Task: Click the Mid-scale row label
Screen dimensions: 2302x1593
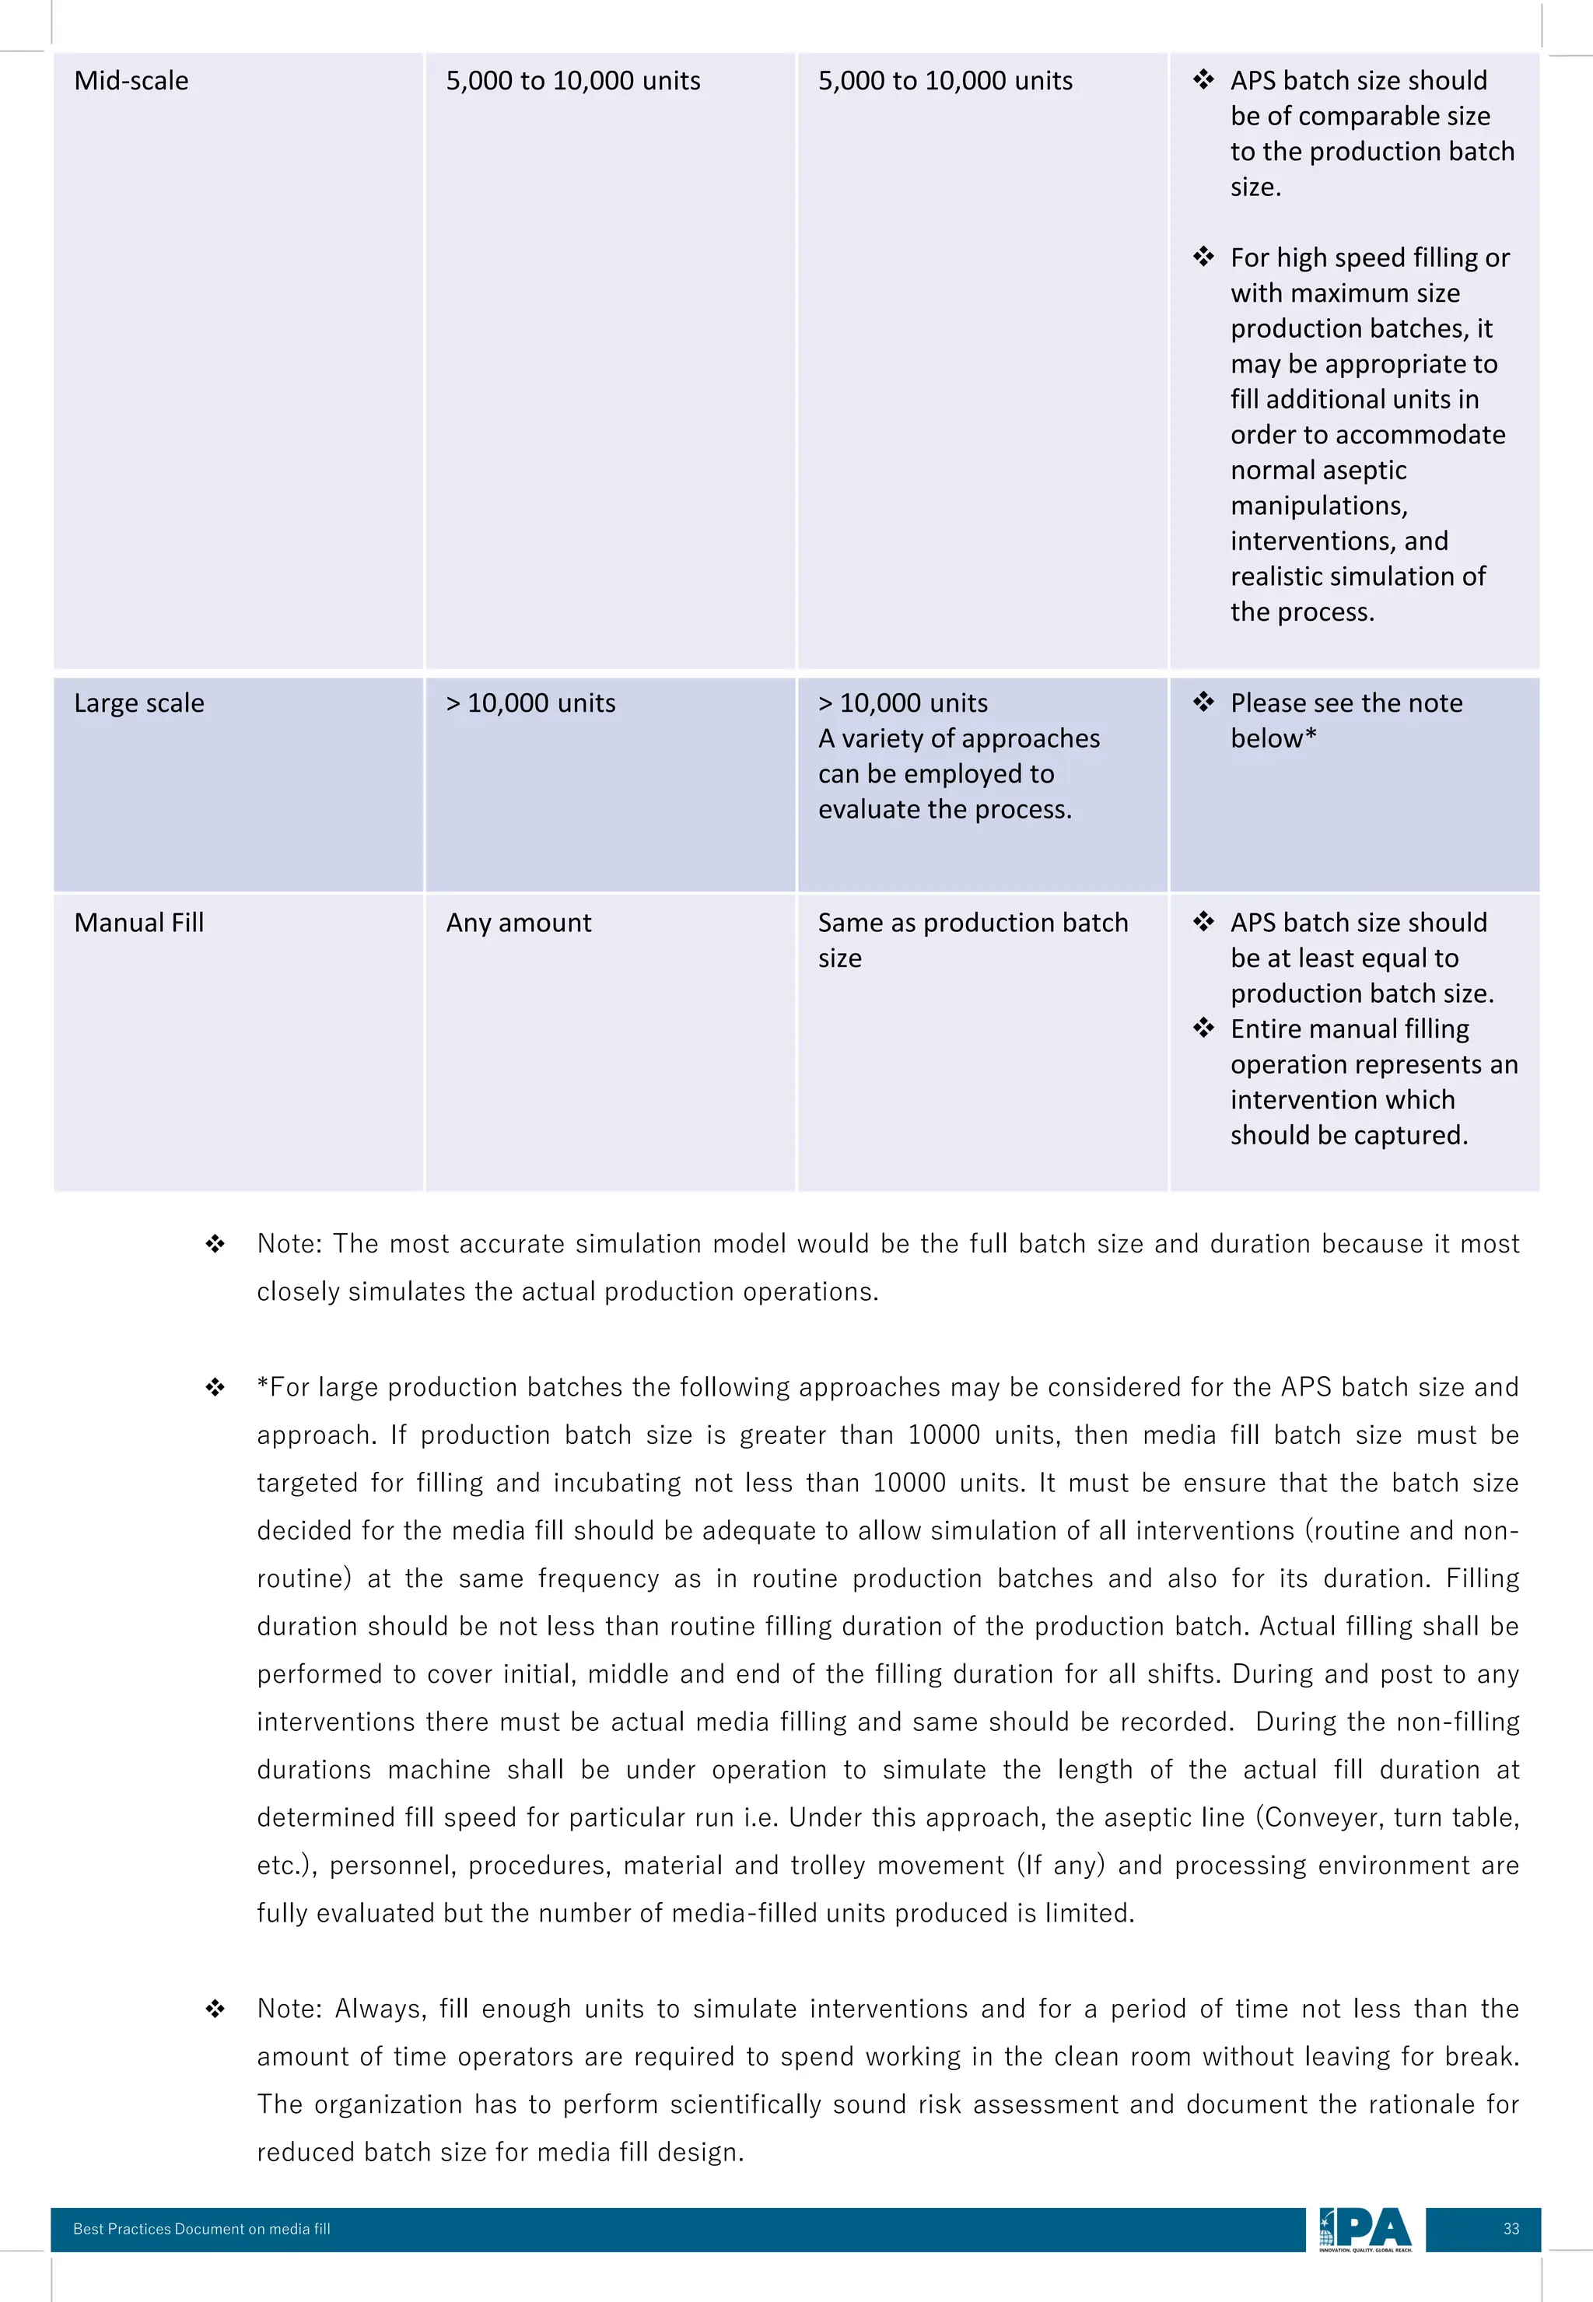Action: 131,81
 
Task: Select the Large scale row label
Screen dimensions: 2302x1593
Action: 138,703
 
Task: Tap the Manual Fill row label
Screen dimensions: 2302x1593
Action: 138,923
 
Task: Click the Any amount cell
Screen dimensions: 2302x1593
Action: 518,923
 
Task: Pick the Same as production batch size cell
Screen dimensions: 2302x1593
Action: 972,939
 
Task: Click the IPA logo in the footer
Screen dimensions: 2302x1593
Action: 1364,2228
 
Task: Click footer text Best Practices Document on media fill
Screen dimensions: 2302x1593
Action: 201,2228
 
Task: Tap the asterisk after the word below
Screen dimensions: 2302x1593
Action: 1311,737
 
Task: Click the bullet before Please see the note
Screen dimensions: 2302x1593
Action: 1204,702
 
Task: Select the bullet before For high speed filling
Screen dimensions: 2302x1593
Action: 1204,257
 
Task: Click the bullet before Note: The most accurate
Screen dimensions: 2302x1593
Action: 215,1244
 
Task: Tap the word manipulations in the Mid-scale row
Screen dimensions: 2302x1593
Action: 1318,505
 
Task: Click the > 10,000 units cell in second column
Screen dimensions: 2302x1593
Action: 530,703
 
